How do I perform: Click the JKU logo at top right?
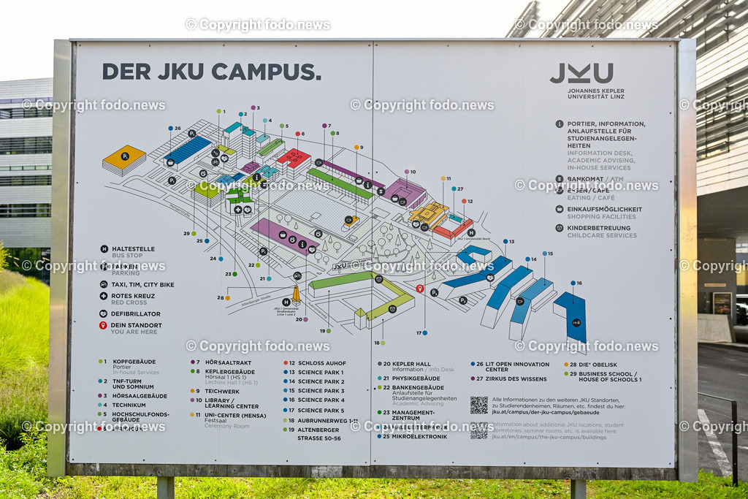[x=581, y=73]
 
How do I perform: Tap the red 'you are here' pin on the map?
[x=419, y=289]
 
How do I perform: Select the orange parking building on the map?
[x=123, y=159]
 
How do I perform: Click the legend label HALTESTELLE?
[x=133, y=248]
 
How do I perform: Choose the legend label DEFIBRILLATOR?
[x=135, y=313]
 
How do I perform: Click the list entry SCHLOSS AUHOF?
[x=321, y=363]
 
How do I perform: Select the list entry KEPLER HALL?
[x=411, y=363]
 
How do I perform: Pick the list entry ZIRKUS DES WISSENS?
[x=516, y=378]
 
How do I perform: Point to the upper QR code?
[x=478, y=405]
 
